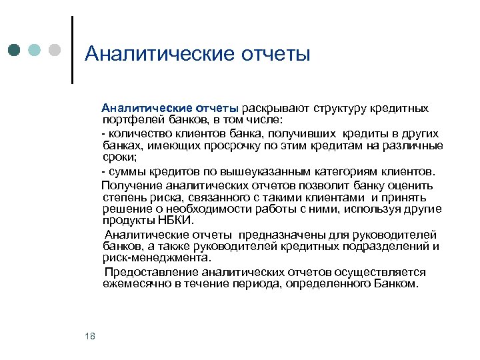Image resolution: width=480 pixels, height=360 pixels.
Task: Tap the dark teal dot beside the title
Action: pyautogui.click(x=15, y=50)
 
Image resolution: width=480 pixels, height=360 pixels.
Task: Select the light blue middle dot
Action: pyautogui.click(x=35, y=50)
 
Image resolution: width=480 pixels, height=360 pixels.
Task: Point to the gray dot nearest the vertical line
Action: pyautogui.click(x=55, y=50)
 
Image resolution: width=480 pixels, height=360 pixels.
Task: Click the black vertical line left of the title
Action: pyautogui.click(x=71, y=50)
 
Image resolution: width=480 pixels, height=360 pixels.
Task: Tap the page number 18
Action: pyautogui.click(x=91, y=336)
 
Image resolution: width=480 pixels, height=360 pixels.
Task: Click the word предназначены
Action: pyautogui.click(x=293, y=235)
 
